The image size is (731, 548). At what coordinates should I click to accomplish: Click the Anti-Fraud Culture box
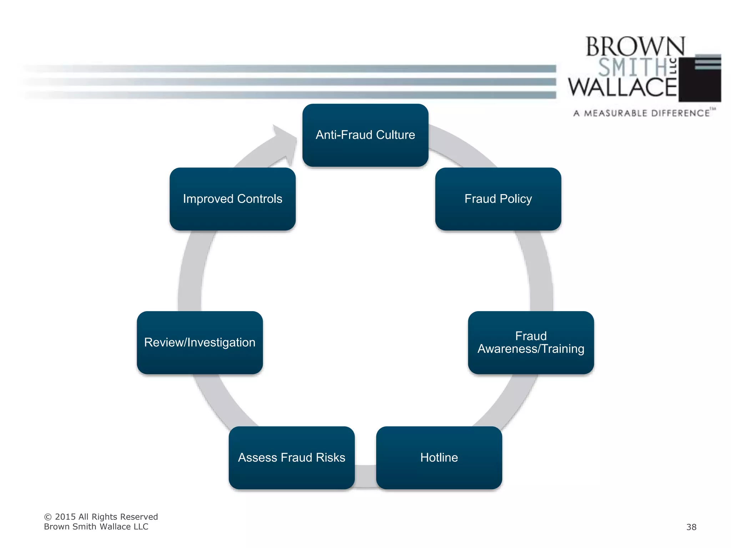(x=365, y=135)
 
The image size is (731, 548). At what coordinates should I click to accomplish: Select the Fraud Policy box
(x=498, y=199)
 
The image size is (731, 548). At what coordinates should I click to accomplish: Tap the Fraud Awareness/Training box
(x=531, y=342)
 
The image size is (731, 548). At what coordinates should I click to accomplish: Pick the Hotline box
(x=439, y=457)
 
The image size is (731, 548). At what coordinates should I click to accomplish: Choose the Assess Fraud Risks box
(x=292, y=457)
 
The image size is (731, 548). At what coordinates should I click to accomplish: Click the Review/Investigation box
(x=200, y=342)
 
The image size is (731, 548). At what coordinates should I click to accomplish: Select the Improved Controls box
(x=232, y=199)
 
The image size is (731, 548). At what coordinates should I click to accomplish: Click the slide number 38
(x=691, y=527)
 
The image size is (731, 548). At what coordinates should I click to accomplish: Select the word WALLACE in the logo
(x=622, y=87)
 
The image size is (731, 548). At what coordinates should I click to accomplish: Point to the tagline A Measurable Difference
(x=641, y=113)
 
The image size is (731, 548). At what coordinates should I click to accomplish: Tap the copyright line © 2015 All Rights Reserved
(x=101, y=517)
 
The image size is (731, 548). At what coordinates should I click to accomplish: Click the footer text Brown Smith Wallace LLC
(x=96, y=527)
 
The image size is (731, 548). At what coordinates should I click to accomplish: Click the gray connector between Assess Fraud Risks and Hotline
(x=365, y=476)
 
